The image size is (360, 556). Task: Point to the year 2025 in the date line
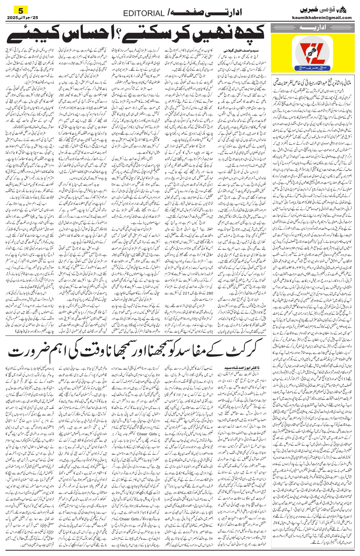pyautogui.click(x=13, y=18)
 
